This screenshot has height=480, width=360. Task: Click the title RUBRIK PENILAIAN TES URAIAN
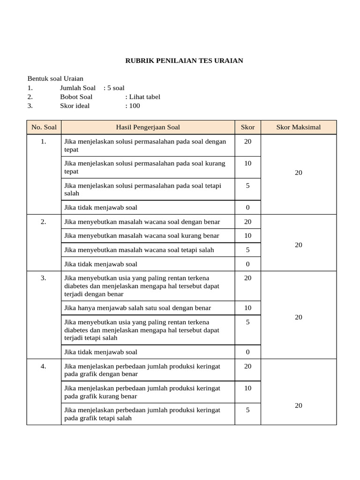[184, 61]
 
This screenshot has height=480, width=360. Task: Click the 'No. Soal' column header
[44, 127]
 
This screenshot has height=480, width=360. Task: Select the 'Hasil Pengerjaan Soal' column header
[148, 127]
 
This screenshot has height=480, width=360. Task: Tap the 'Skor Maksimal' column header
[298, 127]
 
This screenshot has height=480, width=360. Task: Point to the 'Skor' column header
[247, 127]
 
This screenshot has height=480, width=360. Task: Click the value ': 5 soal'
[114, 88]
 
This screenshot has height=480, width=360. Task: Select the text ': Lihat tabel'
[142, 97]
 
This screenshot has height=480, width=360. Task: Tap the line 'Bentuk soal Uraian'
[55, 78]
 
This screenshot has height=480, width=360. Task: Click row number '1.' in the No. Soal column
[44, 142]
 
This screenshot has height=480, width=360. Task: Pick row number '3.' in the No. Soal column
[44, 278]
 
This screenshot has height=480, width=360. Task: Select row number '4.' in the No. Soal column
[44, 366]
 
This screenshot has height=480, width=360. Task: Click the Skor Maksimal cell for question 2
[299, 245]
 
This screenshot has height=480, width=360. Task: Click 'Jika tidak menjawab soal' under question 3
[101, 352]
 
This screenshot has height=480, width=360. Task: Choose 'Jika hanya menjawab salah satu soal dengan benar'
[137, 308]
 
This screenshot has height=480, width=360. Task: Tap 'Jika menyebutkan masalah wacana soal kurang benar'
[142, 236]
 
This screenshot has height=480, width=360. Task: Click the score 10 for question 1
[247, 163]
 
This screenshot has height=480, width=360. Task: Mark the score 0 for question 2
[247, 264]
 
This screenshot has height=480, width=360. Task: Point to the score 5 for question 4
[247, 410]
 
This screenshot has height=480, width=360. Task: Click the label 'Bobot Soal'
[76, 97]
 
